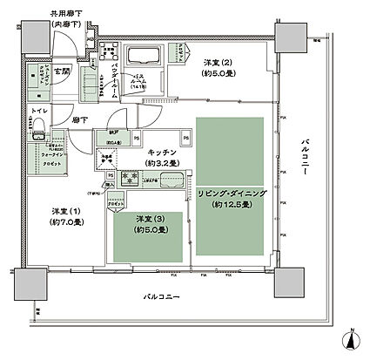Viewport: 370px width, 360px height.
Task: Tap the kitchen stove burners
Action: pyautogui.click(x=133, y=174)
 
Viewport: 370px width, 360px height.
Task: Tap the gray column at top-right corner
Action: pyautogui.click(x=289, y=35)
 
